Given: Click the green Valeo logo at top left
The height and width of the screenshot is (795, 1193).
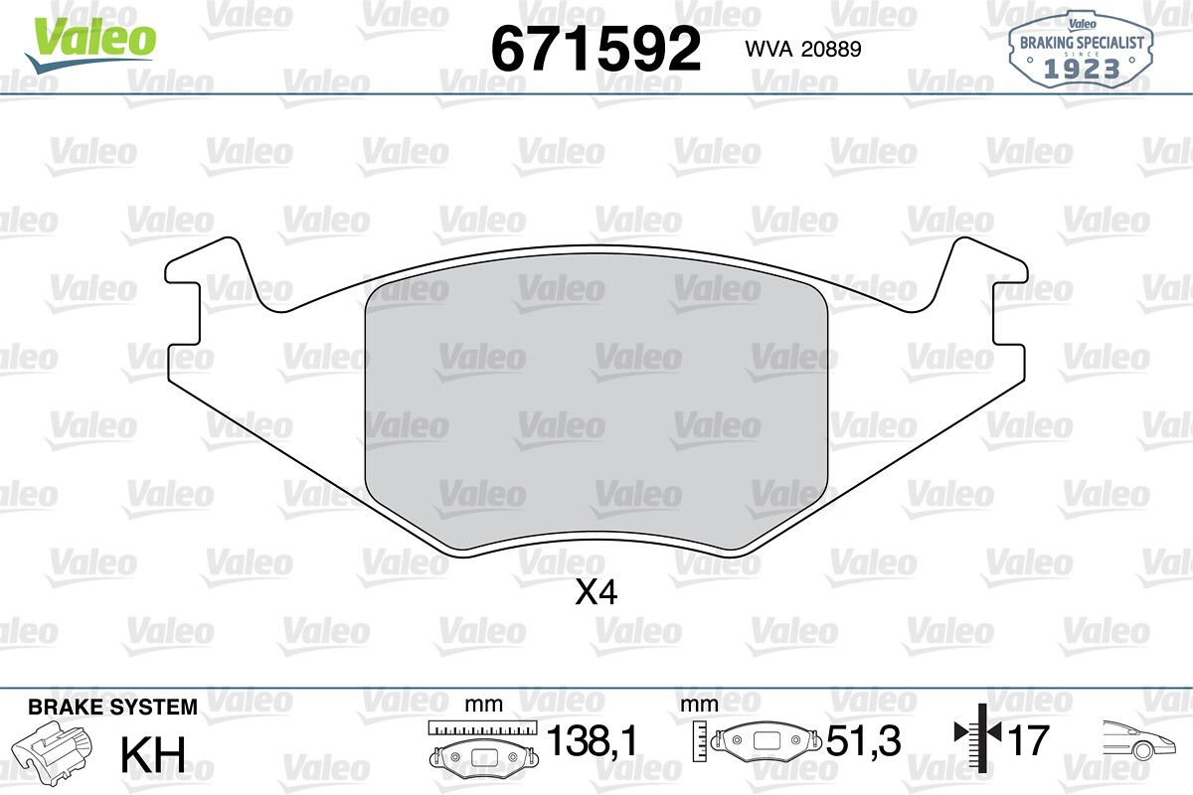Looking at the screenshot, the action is click(90, 46).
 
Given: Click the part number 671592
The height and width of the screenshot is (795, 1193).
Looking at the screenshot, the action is click(596, 49).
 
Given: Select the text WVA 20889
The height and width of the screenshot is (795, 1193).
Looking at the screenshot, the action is click(803, 49).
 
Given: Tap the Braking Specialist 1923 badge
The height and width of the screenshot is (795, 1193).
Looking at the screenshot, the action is click(1081, 49).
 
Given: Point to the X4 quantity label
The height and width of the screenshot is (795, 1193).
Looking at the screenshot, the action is click(596, 592).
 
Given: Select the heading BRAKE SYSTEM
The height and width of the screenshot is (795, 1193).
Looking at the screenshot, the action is click(112, 708).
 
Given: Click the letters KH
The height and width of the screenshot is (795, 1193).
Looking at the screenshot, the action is click(153, 754).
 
